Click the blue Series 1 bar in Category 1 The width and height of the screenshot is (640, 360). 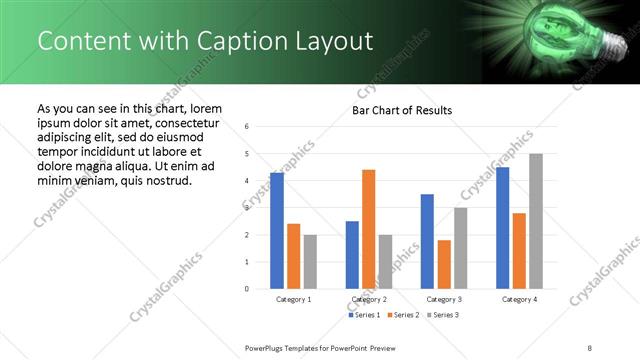[x=277, y=230]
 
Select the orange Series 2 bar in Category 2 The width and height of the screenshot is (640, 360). [x=368, y=229]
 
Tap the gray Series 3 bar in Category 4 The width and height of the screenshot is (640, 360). [x=535, y=221]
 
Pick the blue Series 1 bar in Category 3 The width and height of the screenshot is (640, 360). [x=427, y=241]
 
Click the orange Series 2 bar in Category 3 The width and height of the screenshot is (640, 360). [x=444, y=264]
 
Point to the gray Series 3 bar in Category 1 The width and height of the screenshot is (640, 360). [x=309, y=261]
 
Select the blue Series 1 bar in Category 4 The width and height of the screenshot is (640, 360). [x=502, y=227]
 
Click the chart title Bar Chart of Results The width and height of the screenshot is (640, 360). [x=401, y=110]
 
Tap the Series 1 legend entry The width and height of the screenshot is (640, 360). [x=363, y=315]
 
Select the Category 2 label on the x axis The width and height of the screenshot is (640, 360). [x=369, y=299]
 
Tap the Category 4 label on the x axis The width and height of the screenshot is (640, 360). [x=519, y=299]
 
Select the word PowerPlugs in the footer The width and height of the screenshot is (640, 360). [x=269, y=347]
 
